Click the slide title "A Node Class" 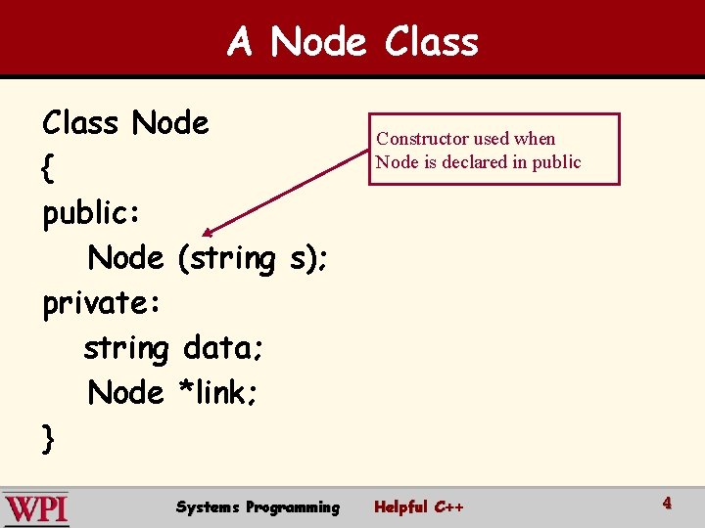pyautogui.click(x=352, y=42)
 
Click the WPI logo pyautogui.click(x=36, y=508)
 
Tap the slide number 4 pyautogui.click(x=667, y=504)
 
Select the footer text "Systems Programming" pyautogui.click(x=258, y=507)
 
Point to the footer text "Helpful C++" pyautogui.click(x=419, y=507)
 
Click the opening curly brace pyautogui.click(x=48, y=169)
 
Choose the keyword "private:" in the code pyautogui.click(x=101, y=304)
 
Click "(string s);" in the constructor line pyautogui.click(x=253, y=259)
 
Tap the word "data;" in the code pyautogui.click(x=221, y=347)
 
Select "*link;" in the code pyautogui.click(x=217, y=393)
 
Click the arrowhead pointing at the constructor pyautogui.click(x=208, y=233)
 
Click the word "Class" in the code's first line pyautogui.click(x=80, y=124)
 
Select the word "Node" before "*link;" pyautogui.click(x=126, y=393)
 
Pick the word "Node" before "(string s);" pyautogui.click(x=126, y=259)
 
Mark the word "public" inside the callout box pyautogui.click(x=556, y=162)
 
